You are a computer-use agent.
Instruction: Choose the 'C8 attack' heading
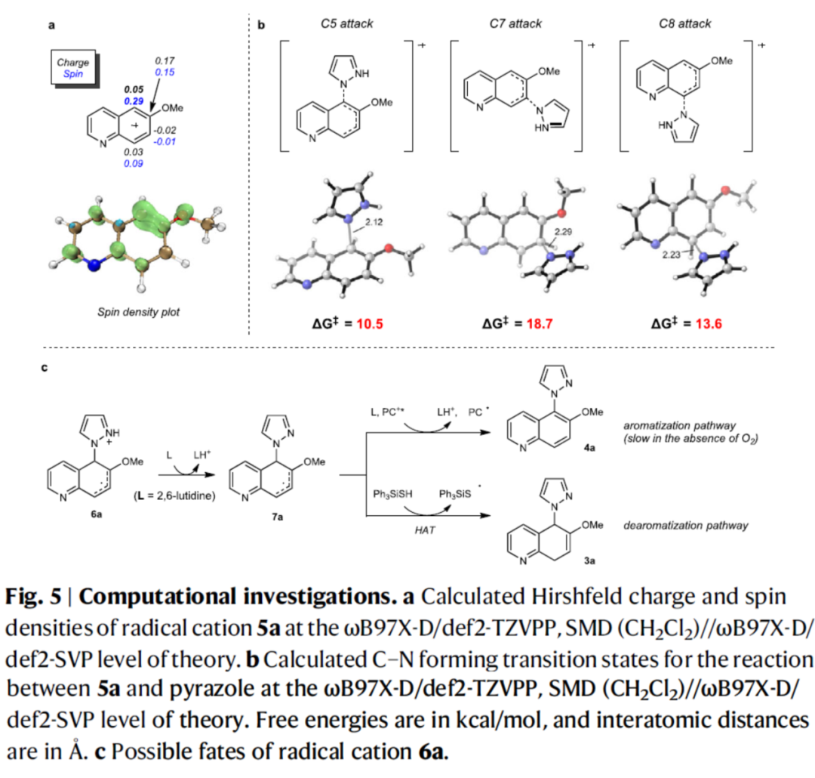pyautogui.click(x=684, y=24)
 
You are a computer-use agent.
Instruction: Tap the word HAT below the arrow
pyautogui.click(x=427, y=533)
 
